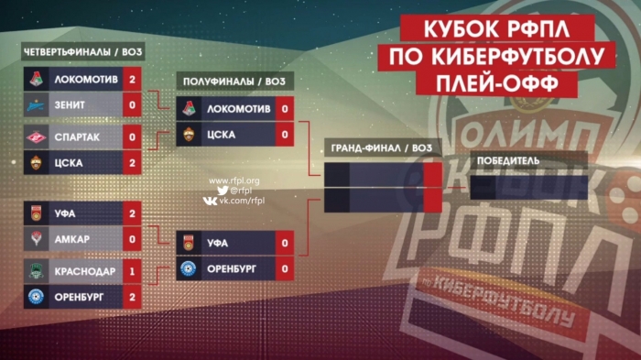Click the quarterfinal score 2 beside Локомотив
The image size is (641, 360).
(133, 80)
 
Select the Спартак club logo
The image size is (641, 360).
(36, 137)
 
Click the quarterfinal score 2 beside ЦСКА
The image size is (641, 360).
(133, 163)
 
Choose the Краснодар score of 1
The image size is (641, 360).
(133, 271)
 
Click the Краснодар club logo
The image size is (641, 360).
(36, 271)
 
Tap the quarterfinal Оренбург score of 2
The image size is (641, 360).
(133, 296)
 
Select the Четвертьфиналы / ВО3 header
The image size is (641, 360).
(83, 50)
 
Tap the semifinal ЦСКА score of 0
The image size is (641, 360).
(287, 135)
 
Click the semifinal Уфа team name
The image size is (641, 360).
(217, 243)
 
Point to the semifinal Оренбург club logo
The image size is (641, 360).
(191, 269)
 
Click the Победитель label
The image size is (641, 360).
(505, 161)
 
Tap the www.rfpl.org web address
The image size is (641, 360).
(234, 180)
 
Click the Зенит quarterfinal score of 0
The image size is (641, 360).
(133, 105)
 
